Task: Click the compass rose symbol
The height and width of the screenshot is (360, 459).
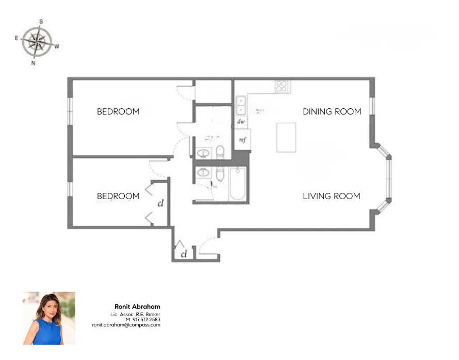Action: [x=37, y=42]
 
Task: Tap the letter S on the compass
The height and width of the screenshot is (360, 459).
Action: [x=41, y=22]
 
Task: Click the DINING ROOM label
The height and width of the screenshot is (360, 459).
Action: [x=332, y=111]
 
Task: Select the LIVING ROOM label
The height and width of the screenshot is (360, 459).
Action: [x=331, y=196]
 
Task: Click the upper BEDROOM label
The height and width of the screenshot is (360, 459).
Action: [x=118, y=111]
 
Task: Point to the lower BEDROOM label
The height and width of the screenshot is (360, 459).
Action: [x=118, y=196]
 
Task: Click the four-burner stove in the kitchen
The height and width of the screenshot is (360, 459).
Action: [x=281, y=87]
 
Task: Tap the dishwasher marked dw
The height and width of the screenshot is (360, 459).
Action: [x=240, y=122]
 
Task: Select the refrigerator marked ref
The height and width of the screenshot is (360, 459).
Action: [x=241, y=140]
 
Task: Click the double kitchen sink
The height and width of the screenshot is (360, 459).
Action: [x=240, y=105]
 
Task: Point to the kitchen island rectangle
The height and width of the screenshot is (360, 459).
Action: [x=286, y=137]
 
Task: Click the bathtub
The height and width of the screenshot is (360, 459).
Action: [x=238, y=185]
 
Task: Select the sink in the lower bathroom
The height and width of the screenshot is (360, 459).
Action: [x=203, y=173]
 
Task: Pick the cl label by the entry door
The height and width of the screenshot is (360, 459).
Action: [x=184, y=254]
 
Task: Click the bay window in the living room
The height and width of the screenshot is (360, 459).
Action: [x=386, y=178]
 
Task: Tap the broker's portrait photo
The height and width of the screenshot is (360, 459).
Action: [x=49, y=318]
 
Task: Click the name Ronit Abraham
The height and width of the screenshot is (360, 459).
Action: [x=137, y=307]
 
